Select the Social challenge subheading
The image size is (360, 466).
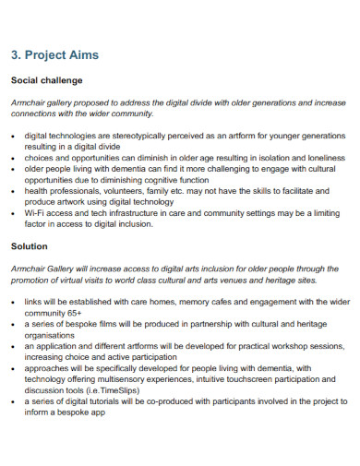coord(46,80)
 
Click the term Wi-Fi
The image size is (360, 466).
coord(34,213)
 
